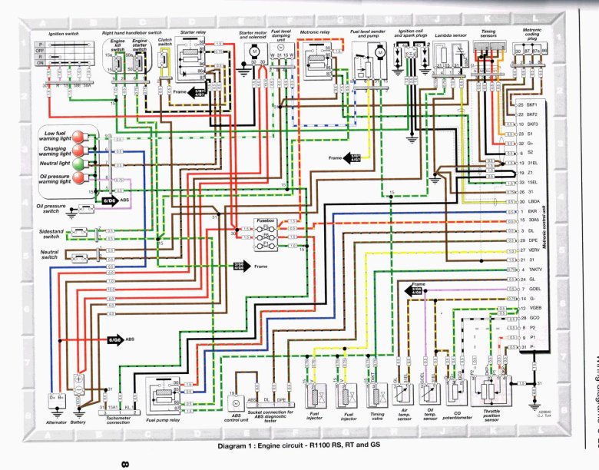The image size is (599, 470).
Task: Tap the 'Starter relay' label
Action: point(193,33)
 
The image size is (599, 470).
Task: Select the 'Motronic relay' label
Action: point(314,33)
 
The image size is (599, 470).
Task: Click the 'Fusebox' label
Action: point(266,220)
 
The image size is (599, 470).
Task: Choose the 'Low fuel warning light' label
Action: point(53,137)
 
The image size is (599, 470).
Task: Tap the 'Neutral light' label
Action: point(55,164)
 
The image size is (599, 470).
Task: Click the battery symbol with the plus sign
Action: point(78,380)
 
